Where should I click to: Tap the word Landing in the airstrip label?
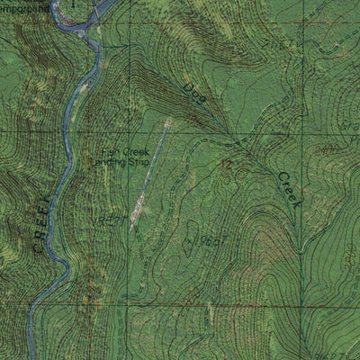pyautogui.click(x=112, y=163)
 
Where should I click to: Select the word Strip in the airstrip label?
pyautogui.click(x=137, y=163)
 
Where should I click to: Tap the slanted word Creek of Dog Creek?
pyautogui.click(x=288, y=191)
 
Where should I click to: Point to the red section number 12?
pyautogui.click(x=228, y=164)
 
